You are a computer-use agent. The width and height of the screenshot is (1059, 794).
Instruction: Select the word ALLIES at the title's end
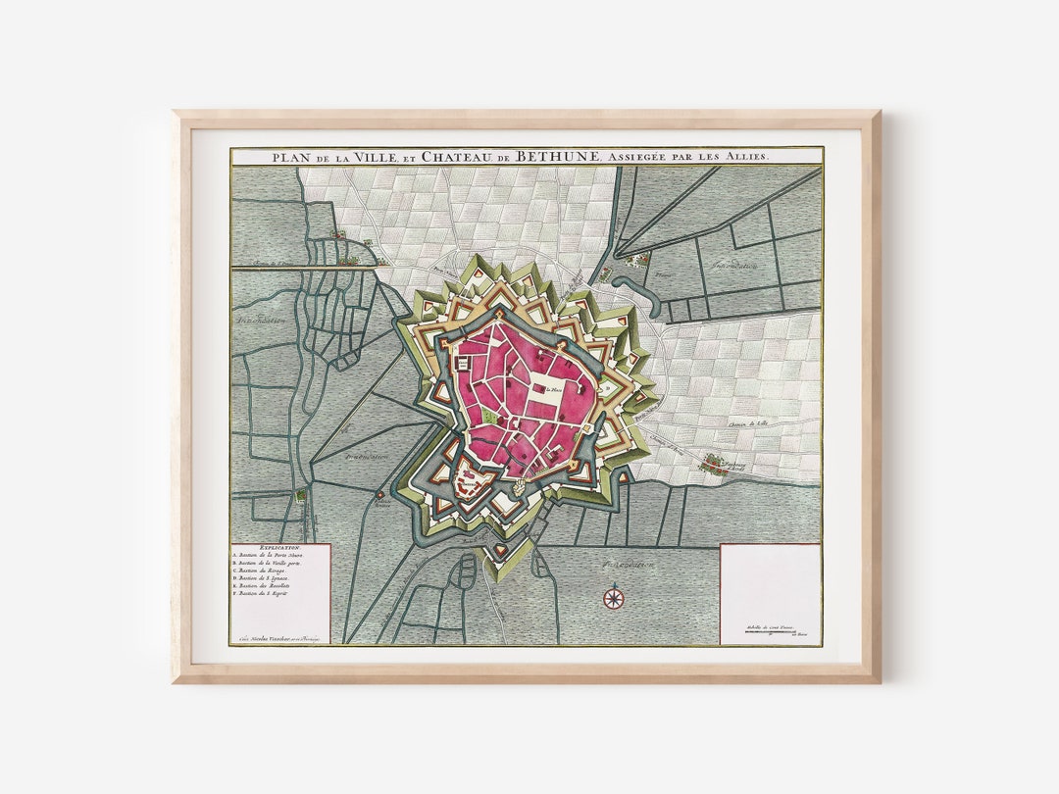(747, 156)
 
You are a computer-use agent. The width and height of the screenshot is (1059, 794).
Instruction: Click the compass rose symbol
(614, 596)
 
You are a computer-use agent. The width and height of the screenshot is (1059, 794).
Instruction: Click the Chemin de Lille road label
(748, 422)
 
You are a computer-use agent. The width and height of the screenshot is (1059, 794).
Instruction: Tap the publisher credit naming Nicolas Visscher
(279, 636)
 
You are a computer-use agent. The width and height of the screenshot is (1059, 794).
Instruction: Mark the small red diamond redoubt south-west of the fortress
(380, 496)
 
